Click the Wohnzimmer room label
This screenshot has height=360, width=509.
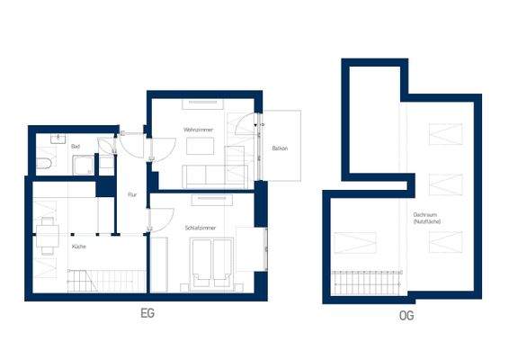tap(197, 130)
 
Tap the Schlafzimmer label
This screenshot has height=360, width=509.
tap(200, 229)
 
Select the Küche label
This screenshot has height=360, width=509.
tap(79, 246)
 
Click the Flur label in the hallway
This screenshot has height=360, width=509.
tap(132, 194)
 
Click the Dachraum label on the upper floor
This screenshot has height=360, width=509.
tap(425, 219)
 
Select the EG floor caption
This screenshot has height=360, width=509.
tap(147, 316)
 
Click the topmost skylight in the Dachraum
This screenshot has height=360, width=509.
tap(445, 134)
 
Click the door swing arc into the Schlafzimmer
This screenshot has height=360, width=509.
tap(160, 220)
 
